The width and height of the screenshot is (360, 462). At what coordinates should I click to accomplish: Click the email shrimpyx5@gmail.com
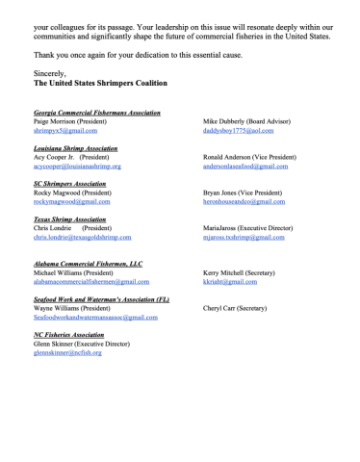point(59,130)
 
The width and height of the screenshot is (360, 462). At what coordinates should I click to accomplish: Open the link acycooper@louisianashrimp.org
point(77,166)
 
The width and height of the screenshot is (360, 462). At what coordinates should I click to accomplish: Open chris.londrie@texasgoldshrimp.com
point(82,237)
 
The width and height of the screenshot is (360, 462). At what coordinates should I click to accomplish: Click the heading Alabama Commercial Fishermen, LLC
point(88,264)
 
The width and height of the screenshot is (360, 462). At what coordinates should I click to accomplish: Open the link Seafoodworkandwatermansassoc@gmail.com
point(95,317)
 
